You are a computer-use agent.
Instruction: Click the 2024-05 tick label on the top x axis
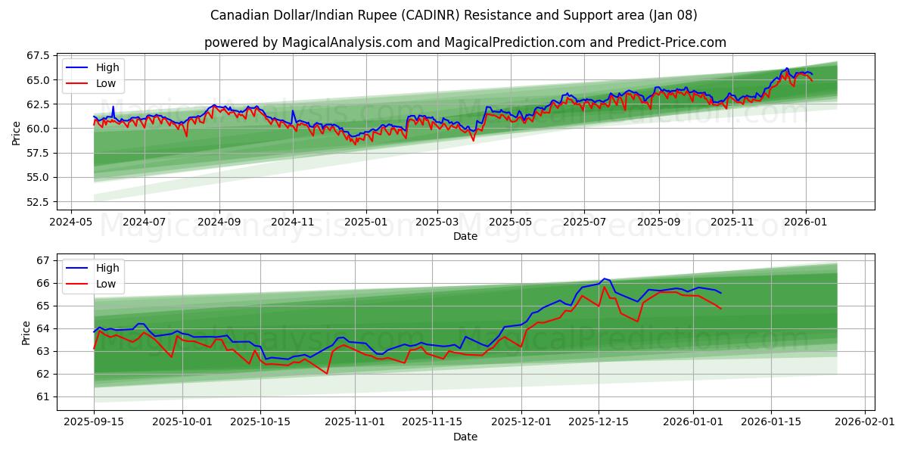pyautogui.click(x=71, y=222)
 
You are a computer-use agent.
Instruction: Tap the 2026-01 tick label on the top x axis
pyautogui.click(x=805, y=222)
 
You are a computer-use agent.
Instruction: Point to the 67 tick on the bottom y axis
pyautogui.click(x=43, y=260)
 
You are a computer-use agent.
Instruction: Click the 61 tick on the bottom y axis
pyautogui.click(x=43, y=396)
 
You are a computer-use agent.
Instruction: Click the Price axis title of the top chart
pyautogui.click(x=17, y=133)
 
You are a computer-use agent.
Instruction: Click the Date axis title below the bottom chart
pyautogui.click(x=465, y=437)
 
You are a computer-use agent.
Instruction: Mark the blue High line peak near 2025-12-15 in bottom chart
pyautogui.click(x=604, y=278)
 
